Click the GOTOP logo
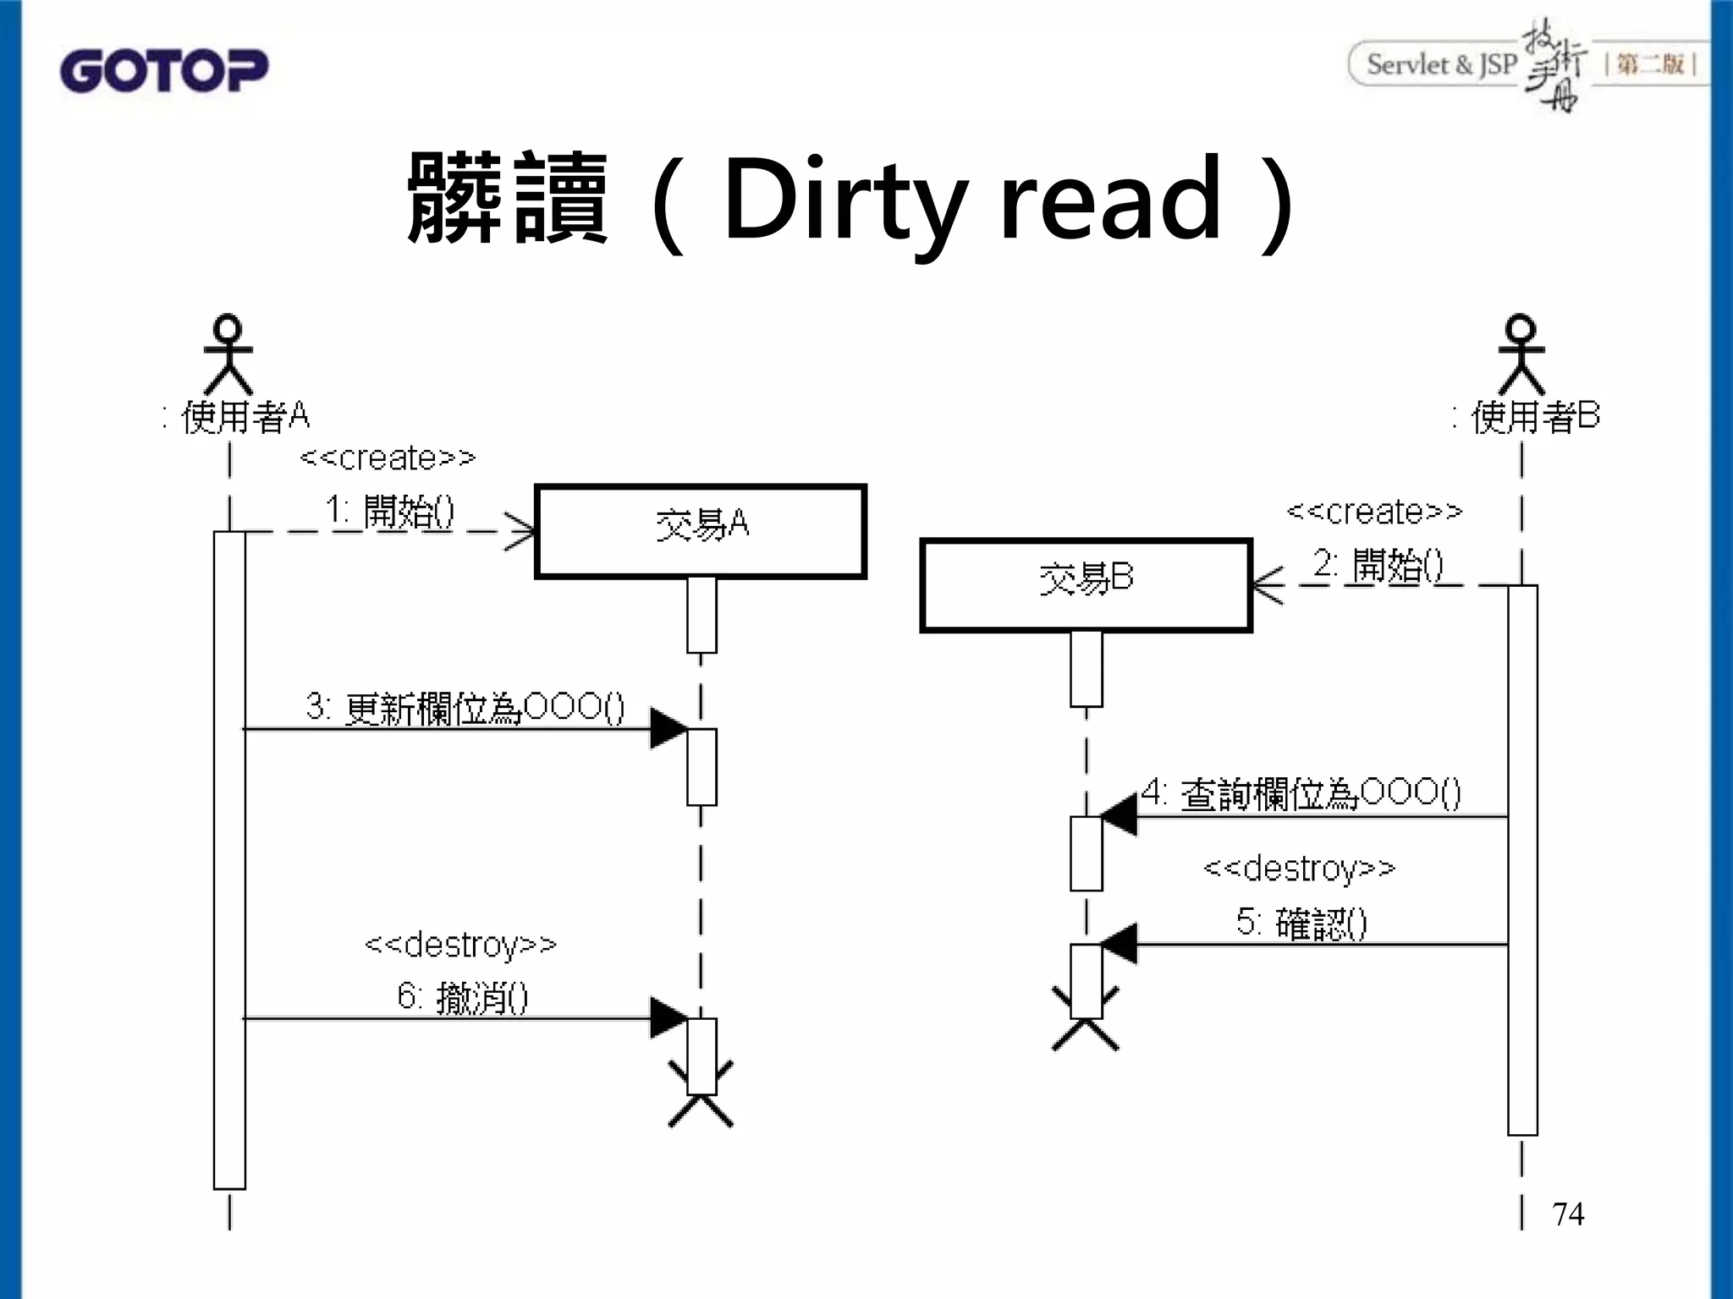click(163, 71)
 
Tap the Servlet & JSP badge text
click(1441, 65)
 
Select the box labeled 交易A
click(701, 531)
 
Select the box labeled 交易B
click(1086, 585)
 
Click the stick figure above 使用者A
click(228, 354)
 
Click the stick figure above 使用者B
click(1521, 354)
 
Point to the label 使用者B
click(1533, 417)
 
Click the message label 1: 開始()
click(390, 512)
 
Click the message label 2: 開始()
click(1378, 565)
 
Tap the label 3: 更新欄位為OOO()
click(465, 708)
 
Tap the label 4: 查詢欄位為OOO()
click(1301, 793)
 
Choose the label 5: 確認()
click(1301, 923)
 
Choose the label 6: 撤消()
click(463, 998)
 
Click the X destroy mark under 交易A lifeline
click(701, 1096)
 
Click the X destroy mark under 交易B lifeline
click(1086, 1019)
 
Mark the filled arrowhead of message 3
click(668, 728)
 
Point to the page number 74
click(1568, 1214)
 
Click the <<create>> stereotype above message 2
click(1374, 512)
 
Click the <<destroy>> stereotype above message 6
click(460, 945)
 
